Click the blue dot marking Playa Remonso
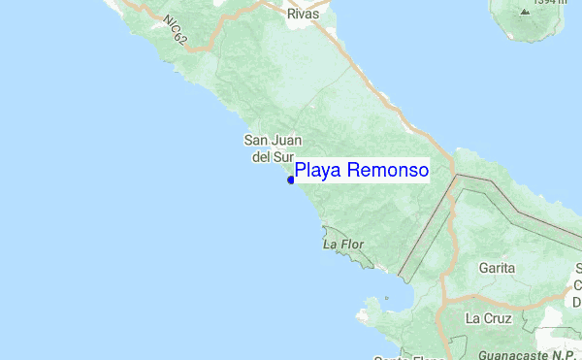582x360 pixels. (x=291, y=180)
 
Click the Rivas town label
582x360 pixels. (x=303, y=15)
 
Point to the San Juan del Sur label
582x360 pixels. (x=267, y=147)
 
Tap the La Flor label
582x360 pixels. (x=342, y=245)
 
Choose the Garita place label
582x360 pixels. (x=497, y=267)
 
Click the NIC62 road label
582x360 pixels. (x=175, y=30)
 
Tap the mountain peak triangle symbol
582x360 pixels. (x=525, y=12)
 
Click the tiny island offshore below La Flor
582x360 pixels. (x=386, y=297)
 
